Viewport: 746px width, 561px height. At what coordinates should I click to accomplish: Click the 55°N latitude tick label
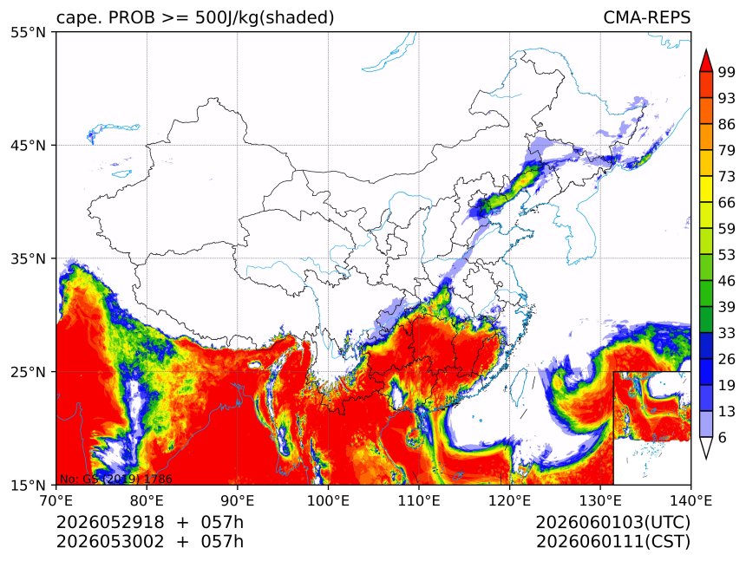28,32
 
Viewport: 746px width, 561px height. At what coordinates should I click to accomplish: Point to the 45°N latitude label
28,145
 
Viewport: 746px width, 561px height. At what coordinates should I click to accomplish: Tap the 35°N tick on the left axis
28,258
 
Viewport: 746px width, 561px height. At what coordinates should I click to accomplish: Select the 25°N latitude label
28,372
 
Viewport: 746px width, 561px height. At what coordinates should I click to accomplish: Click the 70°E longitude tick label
56,500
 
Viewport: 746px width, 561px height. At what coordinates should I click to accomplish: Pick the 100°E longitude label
328,500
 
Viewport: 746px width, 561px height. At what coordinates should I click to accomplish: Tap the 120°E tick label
509,500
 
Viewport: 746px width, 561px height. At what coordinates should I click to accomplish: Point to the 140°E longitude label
690,500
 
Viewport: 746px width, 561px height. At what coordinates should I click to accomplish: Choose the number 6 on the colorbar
723,437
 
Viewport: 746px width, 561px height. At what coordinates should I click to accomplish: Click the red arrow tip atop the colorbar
706,50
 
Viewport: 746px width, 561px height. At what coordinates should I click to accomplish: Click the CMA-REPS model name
646,17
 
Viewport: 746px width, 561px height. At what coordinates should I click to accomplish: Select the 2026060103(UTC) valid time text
612,522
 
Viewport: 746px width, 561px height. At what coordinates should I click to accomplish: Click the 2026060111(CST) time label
612,542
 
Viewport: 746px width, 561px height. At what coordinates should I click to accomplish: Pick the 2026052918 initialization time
110,522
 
